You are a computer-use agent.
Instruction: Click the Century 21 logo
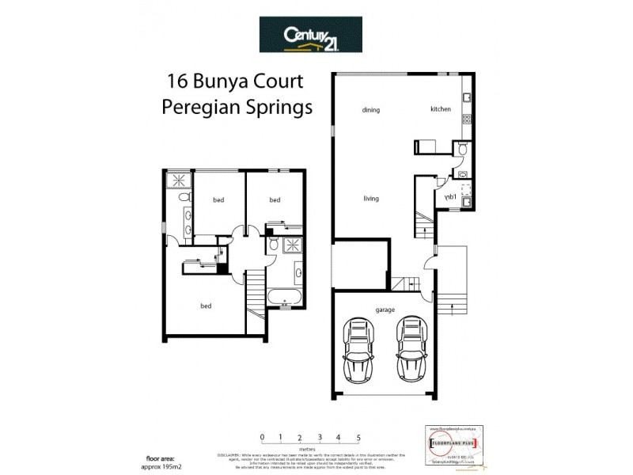click(311, 35)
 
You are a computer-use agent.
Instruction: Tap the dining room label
click(371, 110)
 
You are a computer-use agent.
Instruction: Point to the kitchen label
click(441, 109)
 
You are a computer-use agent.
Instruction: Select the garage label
click(385, 310)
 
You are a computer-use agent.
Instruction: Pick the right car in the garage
click(411, 349)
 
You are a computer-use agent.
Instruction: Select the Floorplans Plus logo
click(448, 443)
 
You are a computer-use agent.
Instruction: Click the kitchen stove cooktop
click(467, 121)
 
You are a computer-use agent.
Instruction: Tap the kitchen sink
click(467, 99)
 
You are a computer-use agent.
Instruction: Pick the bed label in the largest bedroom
click(206, 306)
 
